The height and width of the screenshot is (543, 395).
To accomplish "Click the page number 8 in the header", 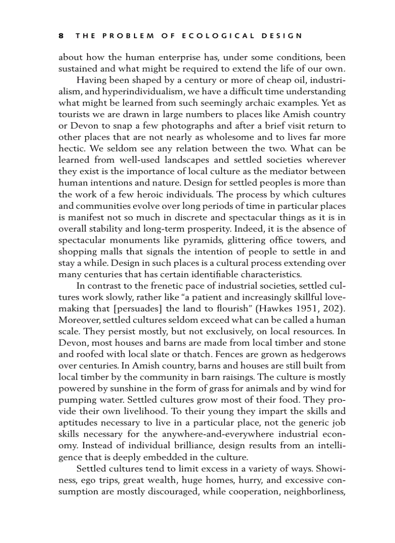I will pyautogui.click(x=61, y=36).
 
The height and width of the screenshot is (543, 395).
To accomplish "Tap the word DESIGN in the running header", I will pyautogui.click(x=281, y=36).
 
